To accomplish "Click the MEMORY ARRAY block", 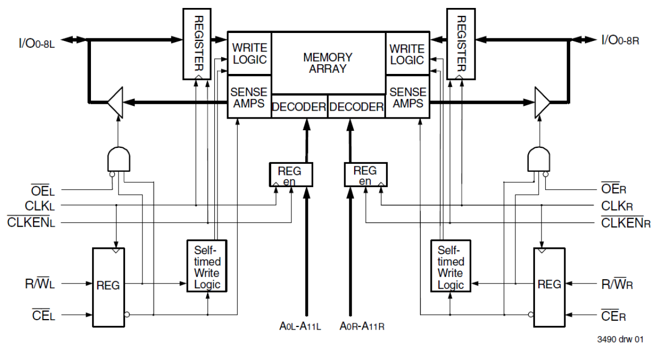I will (328, 63).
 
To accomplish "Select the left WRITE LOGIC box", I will (249, 54).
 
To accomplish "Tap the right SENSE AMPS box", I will (407, 97).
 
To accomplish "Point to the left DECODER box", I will (299, 107).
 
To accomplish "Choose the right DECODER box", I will (356, 107).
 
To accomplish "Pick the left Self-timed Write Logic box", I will (206, 266).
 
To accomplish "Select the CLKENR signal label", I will (625, 223).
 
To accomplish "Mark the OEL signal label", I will (43, 190).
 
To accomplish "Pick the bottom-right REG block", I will (548, 284).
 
